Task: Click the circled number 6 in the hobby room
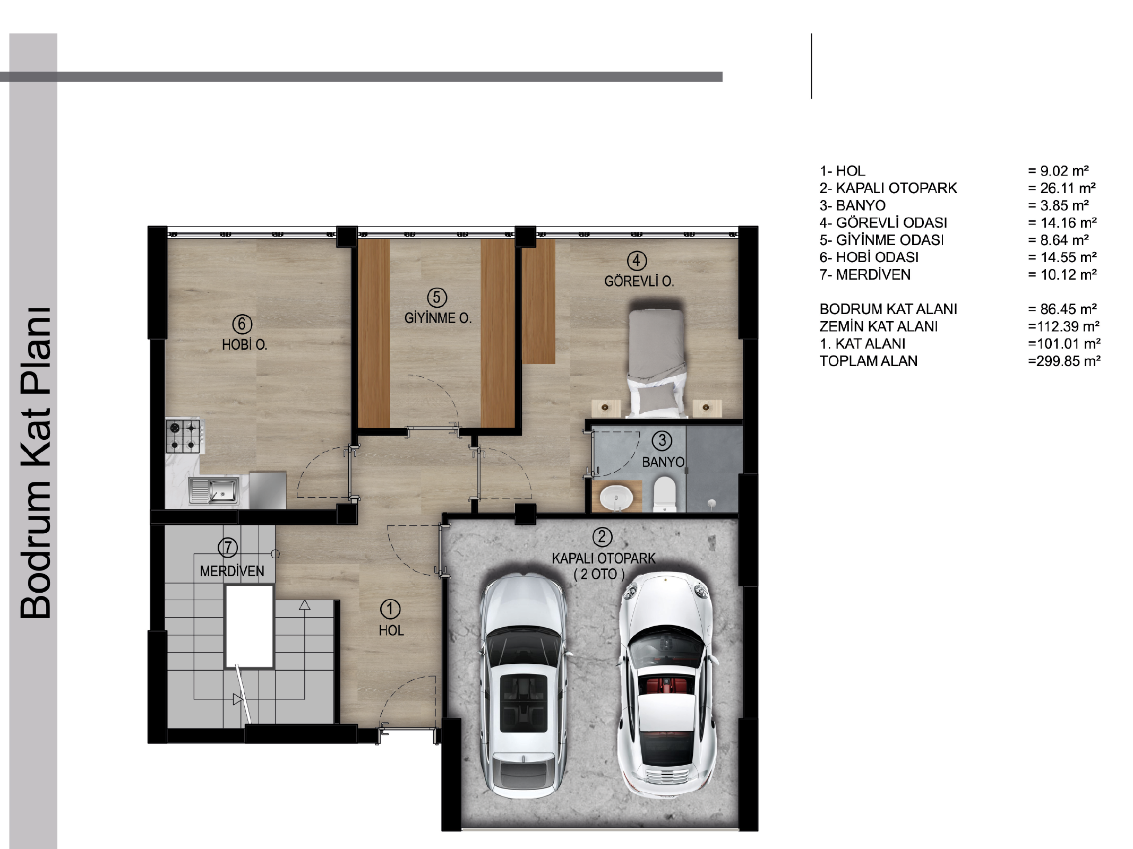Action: pyautogui.click(x=242, y=324)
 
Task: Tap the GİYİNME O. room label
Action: pyautogui.click(x=438, y=318)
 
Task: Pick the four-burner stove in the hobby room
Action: pyautogui.click(x=184, y=436)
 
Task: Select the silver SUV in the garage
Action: pyautogui.click(x=522, y=687)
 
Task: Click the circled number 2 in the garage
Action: pyautogui.click(x=602, y=537)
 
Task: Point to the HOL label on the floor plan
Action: pyautogui.click(x=391, y=630)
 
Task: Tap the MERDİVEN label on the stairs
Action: pyautogui.click(x=232, y=571)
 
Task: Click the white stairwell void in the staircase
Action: pyautogui.click(x=250, y=626)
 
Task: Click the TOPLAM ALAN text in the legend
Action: pyautogui.click(x=869, y=361)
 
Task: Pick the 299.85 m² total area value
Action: pyautogui.click(x=1064, y=361)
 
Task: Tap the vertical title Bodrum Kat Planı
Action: pyautogui.click(x=35, y=463)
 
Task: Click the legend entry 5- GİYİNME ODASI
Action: pyautogui.click(x=882, y=240)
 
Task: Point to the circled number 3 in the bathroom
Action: pyautogui.click(x=662, y=440)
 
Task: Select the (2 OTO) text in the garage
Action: pyautogui.click(x=599, y=574)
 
